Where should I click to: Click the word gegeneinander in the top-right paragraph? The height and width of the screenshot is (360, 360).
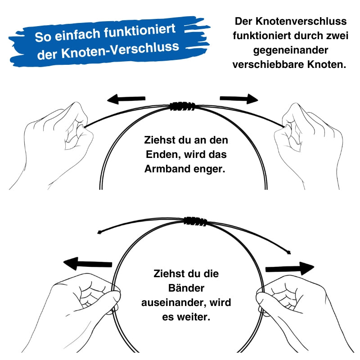click(x=290, y=50)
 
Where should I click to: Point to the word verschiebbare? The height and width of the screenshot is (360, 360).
click(x=269, y=64)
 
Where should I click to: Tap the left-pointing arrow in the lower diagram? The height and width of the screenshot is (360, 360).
click(x=88, y=263)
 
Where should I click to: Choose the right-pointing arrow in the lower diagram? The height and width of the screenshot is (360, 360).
click(x=289, y=269)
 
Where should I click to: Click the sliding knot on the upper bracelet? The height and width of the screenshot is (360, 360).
click(x=182, y=107)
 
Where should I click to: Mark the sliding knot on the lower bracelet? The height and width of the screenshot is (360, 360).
click(x=195, y=221)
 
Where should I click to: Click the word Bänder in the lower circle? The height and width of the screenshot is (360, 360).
click(x=186, y=288)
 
